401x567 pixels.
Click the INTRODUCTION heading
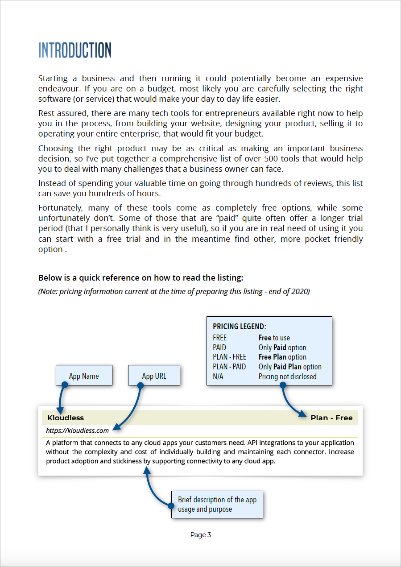pos(74,50)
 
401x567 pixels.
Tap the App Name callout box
pos(84,376)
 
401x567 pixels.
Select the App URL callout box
pos(154,376)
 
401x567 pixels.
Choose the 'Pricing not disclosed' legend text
pos(287,377)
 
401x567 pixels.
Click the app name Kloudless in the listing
pos(66,418)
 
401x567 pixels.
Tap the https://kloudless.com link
pos(77,430)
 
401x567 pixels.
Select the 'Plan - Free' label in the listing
pos(331,418)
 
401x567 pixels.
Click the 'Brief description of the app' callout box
pos(217,505)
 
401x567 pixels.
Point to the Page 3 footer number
pos(200,535)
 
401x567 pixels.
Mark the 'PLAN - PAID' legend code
pos(229,367)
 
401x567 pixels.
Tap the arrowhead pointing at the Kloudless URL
pos(117,428)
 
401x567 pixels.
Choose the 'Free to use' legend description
pos(274,338)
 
